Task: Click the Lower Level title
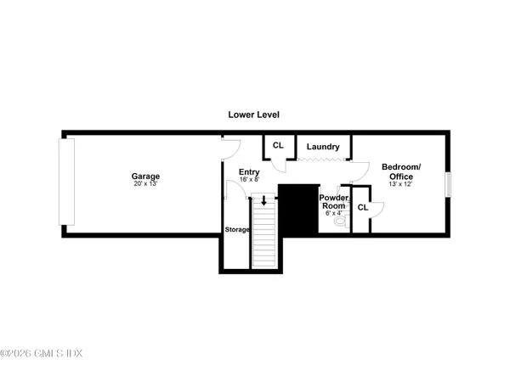(253, 114)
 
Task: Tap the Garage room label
(145, 175)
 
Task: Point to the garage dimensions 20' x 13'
(145, 183)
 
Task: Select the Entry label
(248, 171)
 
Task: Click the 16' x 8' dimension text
(248, 180)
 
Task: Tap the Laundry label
(323, 147)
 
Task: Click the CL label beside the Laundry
(277, 145)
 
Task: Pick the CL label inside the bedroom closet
(362, 207)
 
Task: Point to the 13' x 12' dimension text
(398, 184)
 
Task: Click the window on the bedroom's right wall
(450, 184)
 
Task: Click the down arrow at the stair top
(264, 201)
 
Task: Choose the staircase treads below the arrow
(264, 238)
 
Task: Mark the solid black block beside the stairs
(297, 210)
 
